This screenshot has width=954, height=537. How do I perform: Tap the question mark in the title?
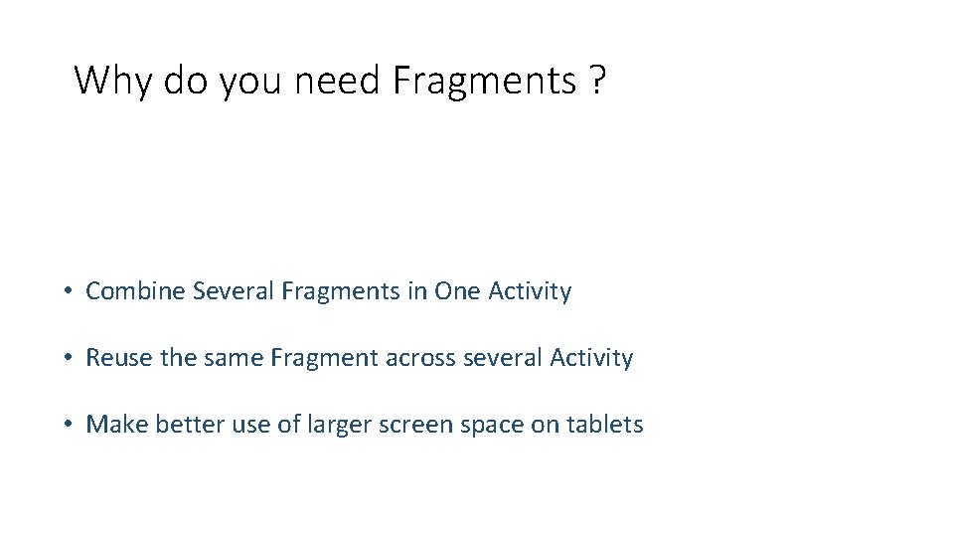595,81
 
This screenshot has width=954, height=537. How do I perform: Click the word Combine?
135,291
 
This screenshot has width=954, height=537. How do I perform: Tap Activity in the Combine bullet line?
530,292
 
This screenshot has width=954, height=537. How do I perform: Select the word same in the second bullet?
234,358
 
